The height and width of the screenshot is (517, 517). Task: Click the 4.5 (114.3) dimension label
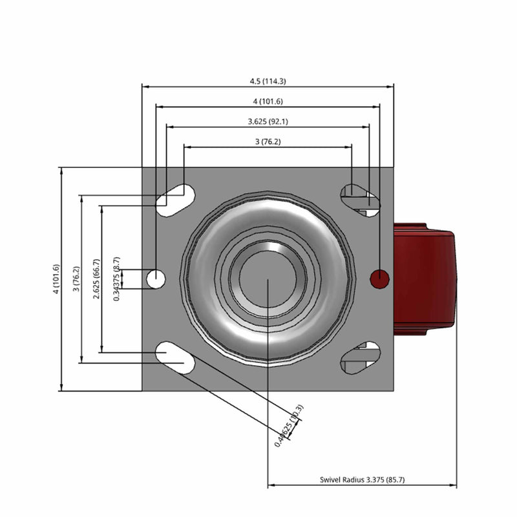tap(268, 81)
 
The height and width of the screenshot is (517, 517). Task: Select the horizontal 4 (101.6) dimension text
tap(268, 101)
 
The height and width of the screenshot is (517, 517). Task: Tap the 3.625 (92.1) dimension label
tap(268, 121)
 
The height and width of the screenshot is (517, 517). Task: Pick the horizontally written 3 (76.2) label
tap(268, 142)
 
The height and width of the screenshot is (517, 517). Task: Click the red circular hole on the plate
tap(379, 279)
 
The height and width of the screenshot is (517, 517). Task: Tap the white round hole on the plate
tap(156, 279)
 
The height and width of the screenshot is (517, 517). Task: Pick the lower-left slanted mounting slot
tap(175, 358)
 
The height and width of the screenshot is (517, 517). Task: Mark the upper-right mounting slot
tap(359, 198)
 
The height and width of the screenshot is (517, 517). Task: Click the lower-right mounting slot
tap(359, 358)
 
